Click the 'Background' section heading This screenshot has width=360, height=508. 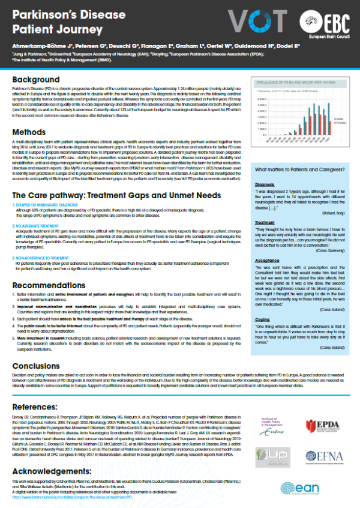click(38, 80)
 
